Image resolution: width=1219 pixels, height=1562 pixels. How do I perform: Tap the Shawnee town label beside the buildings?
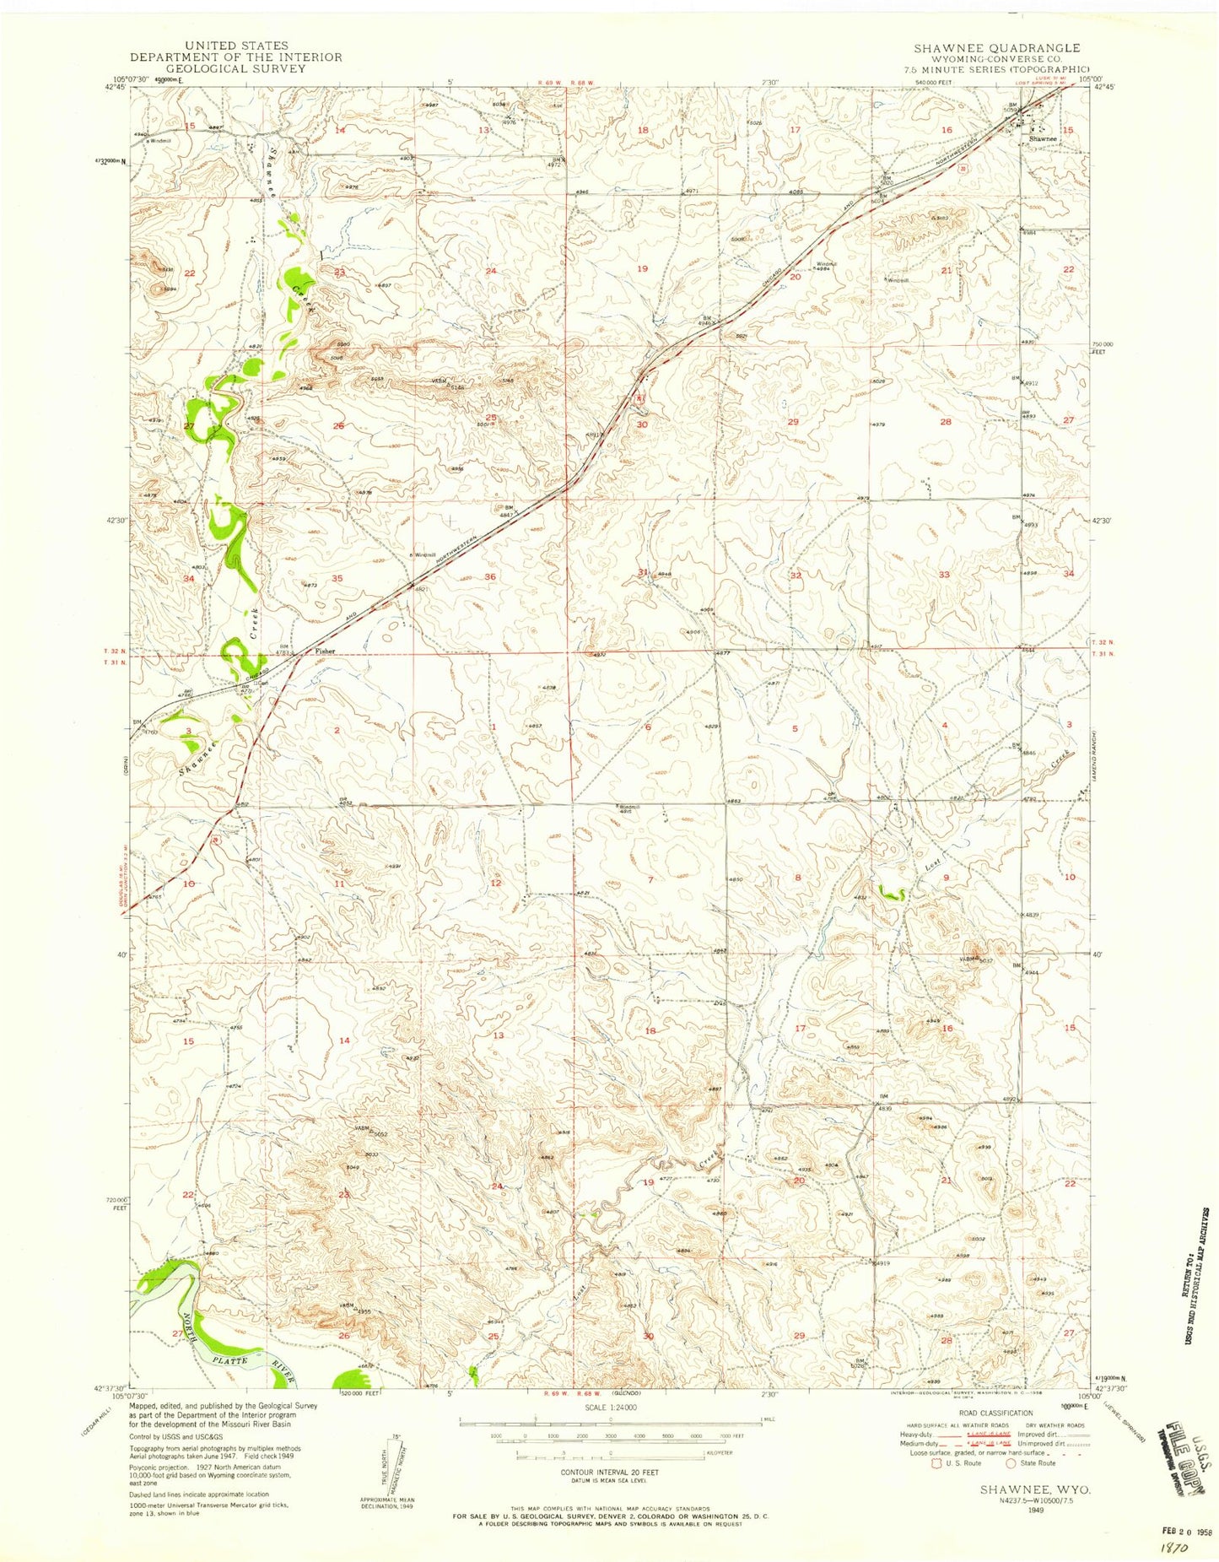pos(1043,138)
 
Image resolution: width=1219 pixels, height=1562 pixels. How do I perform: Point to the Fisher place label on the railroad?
pos(326,651)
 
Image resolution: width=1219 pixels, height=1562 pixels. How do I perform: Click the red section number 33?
pos(944,575)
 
